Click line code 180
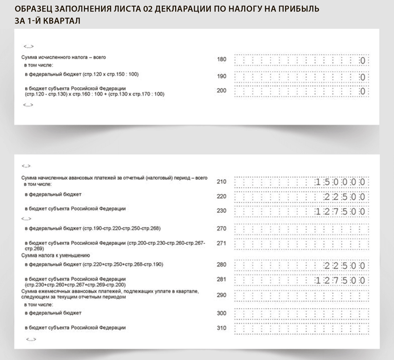(x=221, y=59)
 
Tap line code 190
(x=221, y=76)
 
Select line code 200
(x=221, y=90)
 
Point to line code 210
(x=221, y=182)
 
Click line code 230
(x=221, y=211)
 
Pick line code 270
(x=221, y=229)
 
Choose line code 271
(x=221, y=244)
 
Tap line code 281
(x=221, y=280)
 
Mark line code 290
(x=221, y=295)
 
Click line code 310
(x=221, y=328)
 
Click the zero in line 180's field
(x=362, y=61)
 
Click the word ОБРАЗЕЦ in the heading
(x=35, y=9)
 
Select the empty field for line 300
(x=300, y=314)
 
